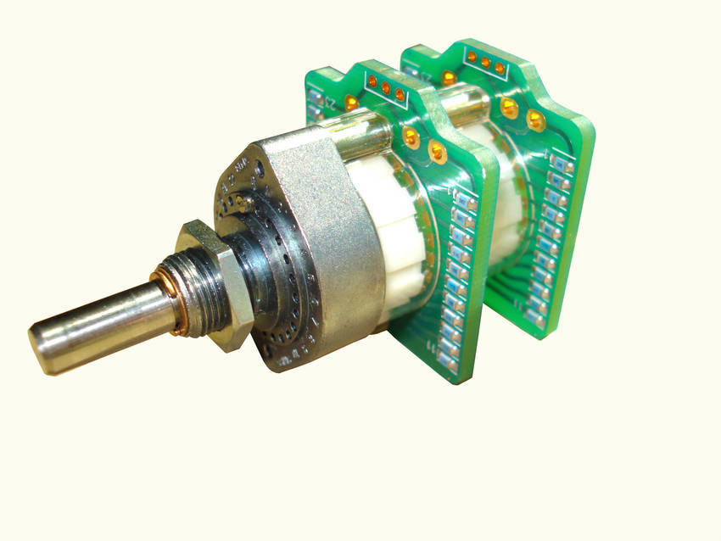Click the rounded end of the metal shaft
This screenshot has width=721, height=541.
pos(42,347)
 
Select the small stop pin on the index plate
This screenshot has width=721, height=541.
pos(243,202)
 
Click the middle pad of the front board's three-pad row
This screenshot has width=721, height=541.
pos(386,87)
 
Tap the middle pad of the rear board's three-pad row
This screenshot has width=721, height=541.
pos(485,61)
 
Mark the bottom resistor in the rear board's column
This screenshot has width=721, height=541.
pos(536,318)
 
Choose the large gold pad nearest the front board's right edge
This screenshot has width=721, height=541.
pos(438,152)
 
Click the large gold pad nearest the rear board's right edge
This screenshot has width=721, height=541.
pos(535,120)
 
